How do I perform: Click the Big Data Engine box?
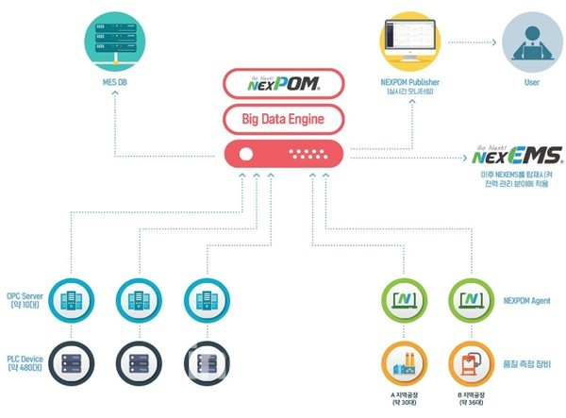pos(284,119)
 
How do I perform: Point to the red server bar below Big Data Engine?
pos(284,155)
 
